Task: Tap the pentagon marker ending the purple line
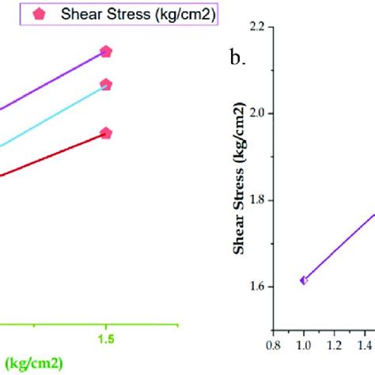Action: tap(106, 51)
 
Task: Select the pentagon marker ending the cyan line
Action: tap(106, 85)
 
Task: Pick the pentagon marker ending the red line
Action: tap(106, 134)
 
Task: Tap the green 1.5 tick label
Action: tap(105, 338)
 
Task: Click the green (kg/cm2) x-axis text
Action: tap(31, 362)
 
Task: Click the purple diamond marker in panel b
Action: tap(303, 280)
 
